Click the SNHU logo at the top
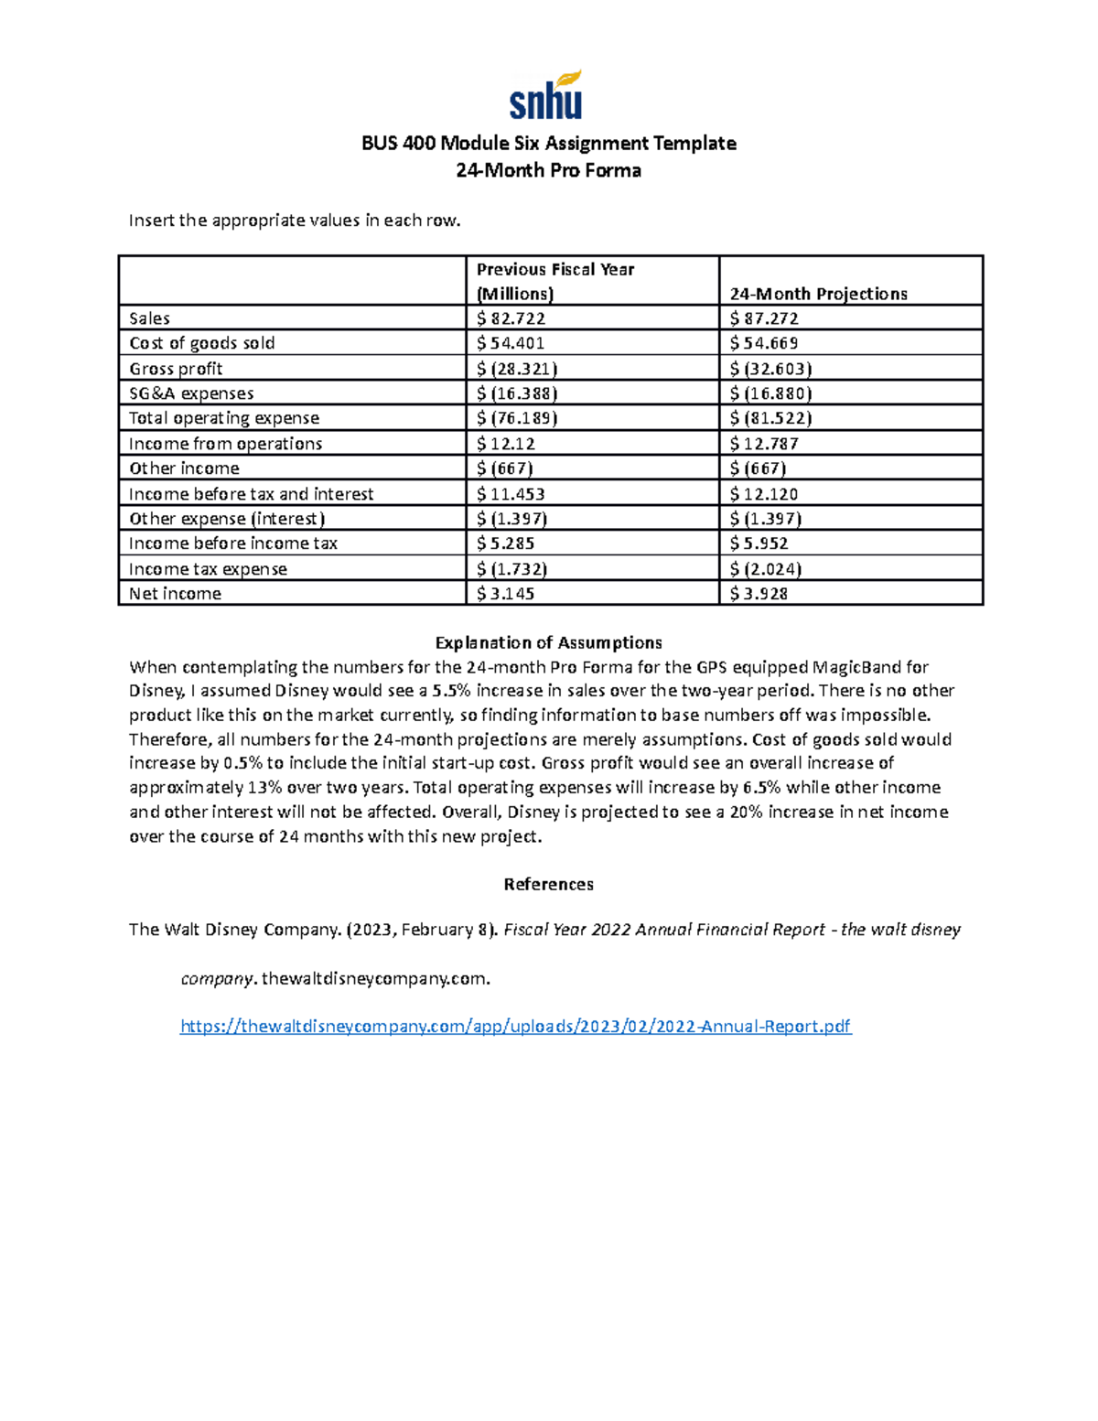click(546, 96)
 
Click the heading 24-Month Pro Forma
click(548, 170)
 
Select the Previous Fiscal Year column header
click(555, 281)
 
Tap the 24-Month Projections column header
click(818, 294)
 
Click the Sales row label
click(149, 318)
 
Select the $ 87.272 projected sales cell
click(764, 318)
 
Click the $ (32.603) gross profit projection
click(770, 369)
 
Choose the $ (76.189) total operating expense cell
click(517, 418)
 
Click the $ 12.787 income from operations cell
click(764, 444)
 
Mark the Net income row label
click(175, 594)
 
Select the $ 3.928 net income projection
click(759, 594)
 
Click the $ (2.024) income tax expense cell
click(766, 569)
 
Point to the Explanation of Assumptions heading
click(548, 642)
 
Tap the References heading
click(548, 884)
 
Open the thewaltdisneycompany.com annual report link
click(516, 1026)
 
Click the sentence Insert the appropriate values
click(294, 220)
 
